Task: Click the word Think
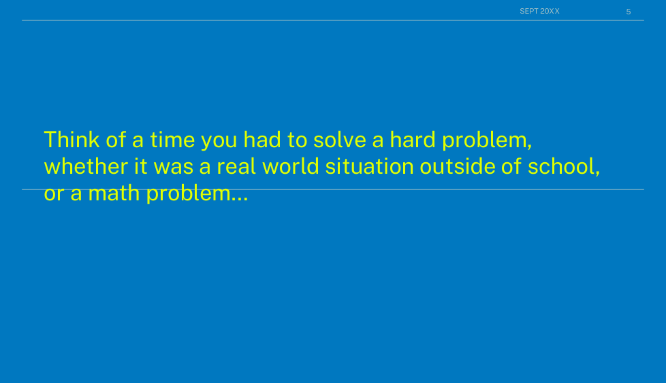click(72, 140)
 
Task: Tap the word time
click(172, 140)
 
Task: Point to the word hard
click(413, 140)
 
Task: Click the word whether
click(86, 166)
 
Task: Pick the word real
click(236, 166)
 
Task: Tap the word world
click(291, 166)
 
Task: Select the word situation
click(370, 166)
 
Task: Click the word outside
click(458, 166)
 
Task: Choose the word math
click(114, 193)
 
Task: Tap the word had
click(262, 140)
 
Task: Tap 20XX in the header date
click(550, 11)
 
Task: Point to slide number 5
click(628, 12)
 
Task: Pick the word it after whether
click(141, 166)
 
